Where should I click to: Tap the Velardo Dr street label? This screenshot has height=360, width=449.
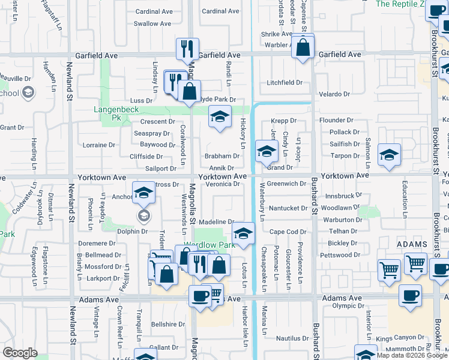click(x=334, y=94)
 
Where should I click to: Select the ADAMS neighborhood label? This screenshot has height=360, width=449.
click(x=411, y=245)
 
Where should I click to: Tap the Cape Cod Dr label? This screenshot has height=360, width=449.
click(x=288, y=232)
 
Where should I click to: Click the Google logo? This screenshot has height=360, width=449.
click(x=20, y=353)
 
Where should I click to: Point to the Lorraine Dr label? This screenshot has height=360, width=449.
click(x=98, y=145)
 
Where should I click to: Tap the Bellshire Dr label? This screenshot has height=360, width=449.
click(x=167, y=324)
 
